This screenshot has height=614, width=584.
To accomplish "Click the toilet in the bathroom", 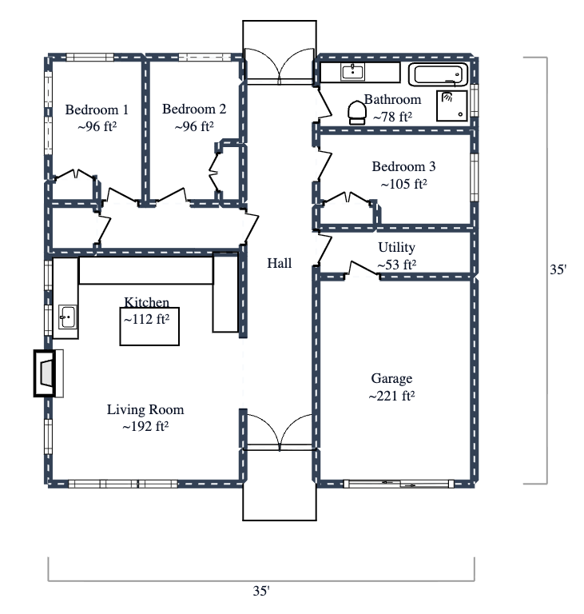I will (x=356, y=113).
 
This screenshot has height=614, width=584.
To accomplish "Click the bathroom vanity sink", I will (x=352, y=72).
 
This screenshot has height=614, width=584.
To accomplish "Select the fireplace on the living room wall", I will (x=47, y=373).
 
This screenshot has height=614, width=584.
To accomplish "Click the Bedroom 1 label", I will (x=97, y=110).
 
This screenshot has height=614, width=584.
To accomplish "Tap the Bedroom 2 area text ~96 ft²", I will (x=193, y=126).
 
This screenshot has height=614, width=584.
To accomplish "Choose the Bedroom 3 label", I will (x=403, y=167).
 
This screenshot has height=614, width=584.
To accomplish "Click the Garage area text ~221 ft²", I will (x=391, y=396).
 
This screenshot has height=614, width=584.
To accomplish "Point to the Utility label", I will (x=396, y=248).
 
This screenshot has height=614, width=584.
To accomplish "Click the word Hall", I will (x=280, y=263).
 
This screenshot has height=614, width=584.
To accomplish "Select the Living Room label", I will (x=145, y=410).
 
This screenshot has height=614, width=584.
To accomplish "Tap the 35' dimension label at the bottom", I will (x=261, y=592).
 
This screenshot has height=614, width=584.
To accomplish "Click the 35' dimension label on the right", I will (x=558, y=270).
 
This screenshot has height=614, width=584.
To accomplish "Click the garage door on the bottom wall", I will (x=397, y=483).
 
